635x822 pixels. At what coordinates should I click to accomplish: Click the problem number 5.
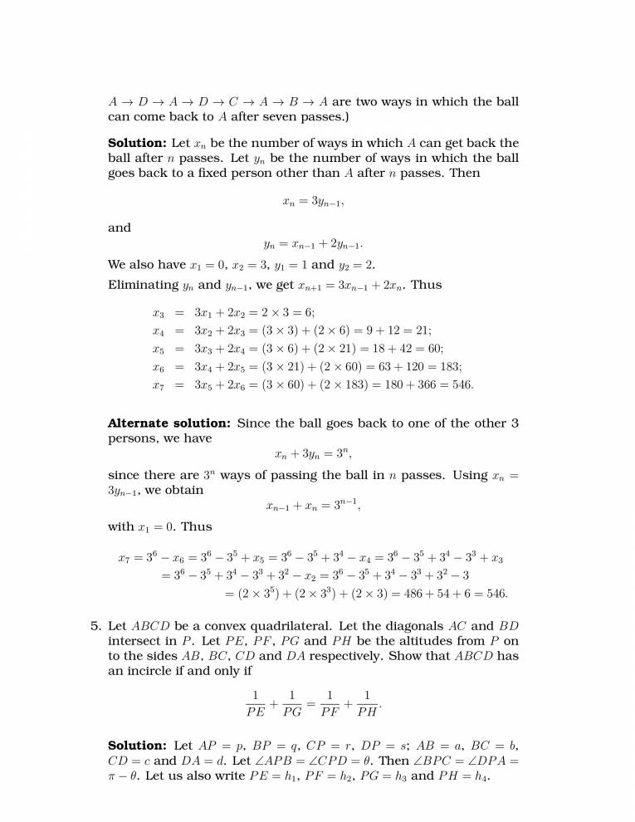[x=95, y=625]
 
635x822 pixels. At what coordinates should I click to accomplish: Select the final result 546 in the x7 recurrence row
[x=462, y=385]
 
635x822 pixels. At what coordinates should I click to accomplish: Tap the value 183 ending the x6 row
[x=450, y=366]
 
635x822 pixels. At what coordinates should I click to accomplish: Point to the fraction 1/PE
[x=256, y=702]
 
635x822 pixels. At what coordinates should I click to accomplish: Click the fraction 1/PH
[x=367, y=702]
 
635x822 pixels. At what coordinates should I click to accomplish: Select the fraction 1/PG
[x=292, y=702]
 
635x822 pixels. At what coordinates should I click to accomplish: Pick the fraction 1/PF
[x=330, y=702]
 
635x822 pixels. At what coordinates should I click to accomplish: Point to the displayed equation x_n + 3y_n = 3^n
[x=313, y=454]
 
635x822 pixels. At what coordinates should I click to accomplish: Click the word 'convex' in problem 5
[x=219, y=625]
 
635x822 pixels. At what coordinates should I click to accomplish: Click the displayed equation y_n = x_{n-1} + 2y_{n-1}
[x=313, y=244]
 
